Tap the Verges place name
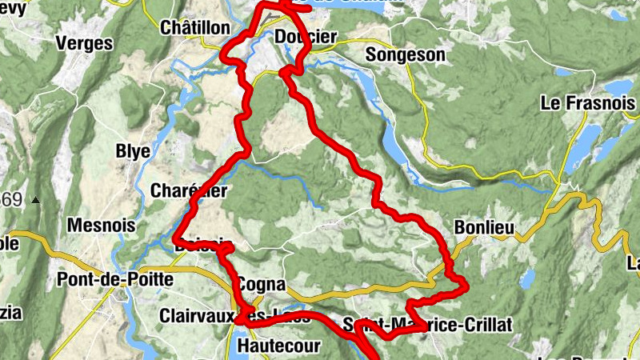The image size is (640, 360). (x=85, y=43)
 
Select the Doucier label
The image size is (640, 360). (x=306, y=37)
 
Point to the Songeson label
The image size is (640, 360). (x=405, y=54)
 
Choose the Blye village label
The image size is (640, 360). (x=134, y=151)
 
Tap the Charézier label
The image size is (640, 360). (x=190, y=190)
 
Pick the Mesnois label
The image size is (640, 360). (x=102, y=226)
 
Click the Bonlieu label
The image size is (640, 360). (x=484, y=227)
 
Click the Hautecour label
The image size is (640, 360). (x=280, y=346)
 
